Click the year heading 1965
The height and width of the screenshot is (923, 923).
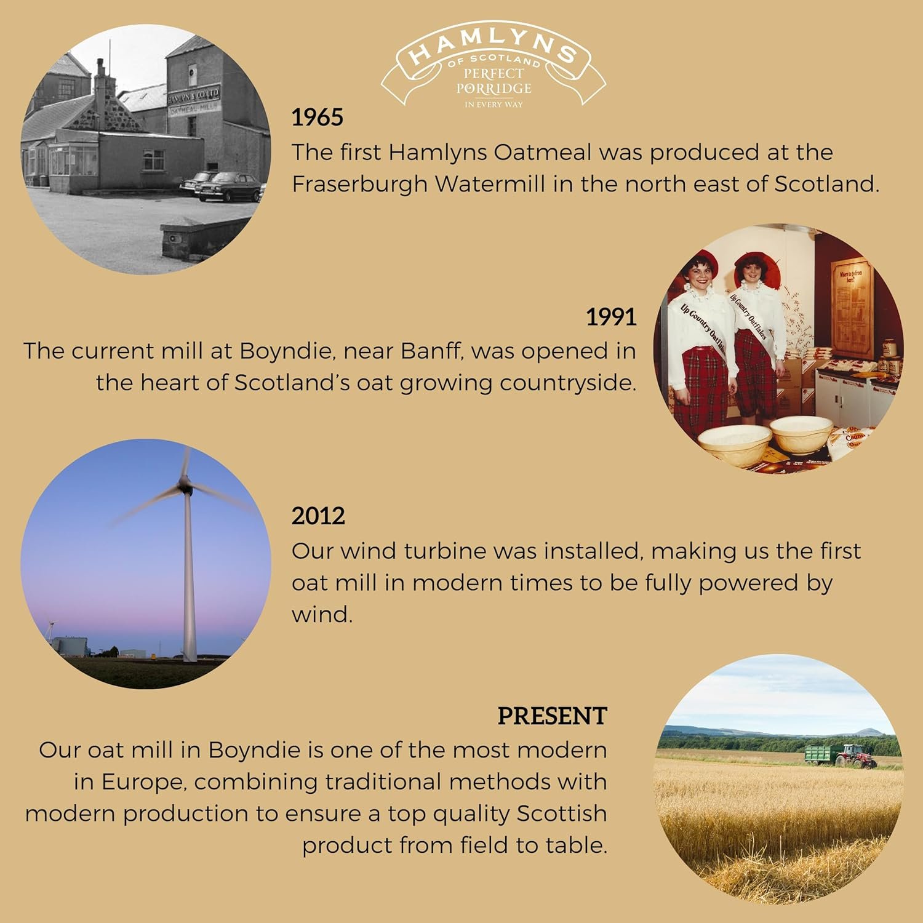pos(317,118)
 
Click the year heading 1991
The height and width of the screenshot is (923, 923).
pos(610,317)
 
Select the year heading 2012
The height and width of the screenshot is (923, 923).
pos(318,516)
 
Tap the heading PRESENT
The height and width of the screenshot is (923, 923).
pos(552,716)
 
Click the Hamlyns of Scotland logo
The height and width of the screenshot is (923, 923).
pos(493,68)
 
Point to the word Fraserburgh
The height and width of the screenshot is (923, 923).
pos(359,185)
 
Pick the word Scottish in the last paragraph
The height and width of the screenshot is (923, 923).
pos(561,813)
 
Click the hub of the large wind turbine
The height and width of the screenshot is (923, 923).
pos(183,486)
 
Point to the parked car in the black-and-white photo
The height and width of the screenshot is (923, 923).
pos(229,186)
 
